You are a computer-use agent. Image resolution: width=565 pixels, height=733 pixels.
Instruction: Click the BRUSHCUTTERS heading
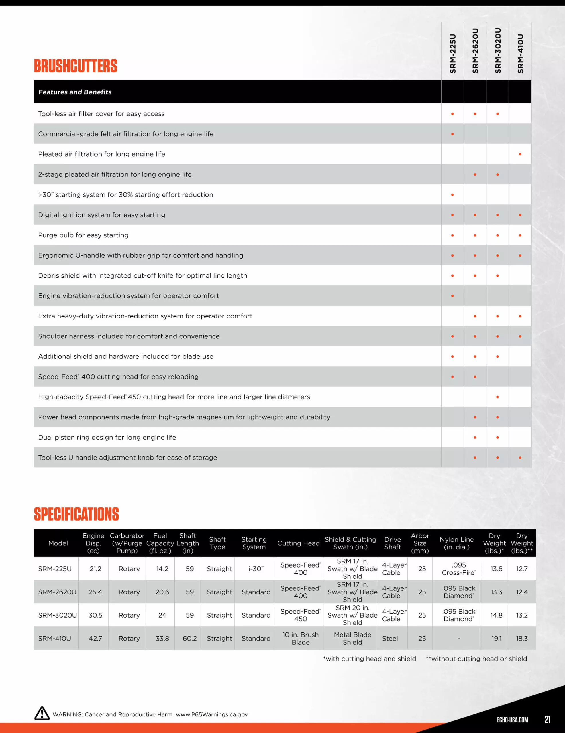(76, 66)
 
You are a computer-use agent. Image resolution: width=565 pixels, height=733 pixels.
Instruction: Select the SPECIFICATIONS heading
(76, 514)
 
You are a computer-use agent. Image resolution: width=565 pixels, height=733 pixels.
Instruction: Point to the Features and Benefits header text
(75, 92)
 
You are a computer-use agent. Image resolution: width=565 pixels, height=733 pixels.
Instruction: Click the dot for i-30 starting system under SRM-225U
(452, 195)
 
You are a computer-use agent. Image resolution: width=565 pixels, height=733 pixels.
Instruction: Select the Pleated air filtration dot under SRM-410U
(520, 154)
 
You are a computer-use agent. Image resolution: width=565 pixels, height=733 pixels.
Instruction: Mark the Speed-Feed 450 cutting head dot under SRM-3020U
(497, 397)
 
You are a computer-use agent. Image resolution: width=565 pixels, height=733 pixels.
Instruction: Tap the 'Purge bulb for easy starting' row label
(83, 235)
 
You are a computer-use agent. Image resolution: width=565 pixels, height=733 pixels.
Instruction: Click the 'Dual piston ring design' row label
(107, 437)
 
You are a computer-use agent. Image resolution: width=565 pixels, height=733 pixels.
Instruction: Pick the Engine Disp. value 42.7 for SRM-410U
(95, 638)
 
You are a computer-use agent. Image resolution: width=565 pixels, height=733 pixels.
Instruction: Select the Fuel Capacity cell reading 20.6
(162, 592)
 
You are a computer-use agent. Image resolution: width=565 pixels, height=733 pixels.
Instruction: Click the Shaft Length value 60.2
(190, 638)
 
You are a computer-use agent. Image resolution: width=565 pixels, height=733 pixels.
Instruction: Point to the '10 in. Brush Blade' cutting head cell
(300, 638)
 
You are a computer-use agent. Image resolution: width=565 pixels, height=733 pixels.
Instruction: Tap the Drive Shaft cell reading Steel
(390, 638)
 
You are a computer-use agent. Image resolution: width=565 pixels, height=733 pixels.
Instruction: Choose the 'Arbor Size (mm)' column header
(420, 543)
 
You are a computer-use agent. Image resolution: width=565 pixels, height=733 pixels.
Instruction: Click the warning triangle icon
(42, 713)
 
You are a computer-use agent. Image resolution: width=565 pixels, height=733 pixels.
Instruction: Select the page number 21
(547, 719)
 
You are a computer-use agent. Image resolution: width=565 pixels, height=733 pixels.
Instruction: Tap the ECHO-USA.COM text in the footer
(512, 720)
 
